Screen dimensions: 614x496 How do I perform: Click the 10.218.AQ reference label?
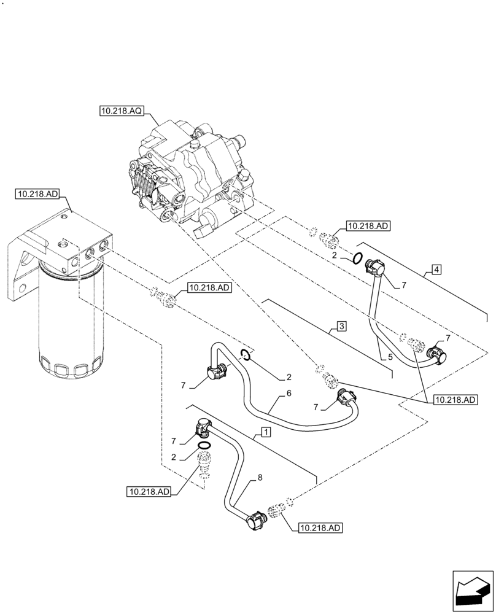click(121, 111)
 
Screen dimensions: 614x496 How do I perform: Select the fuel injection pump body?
click(190, 178)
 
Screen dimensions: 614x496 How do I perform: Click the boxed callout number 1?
click(265, 432)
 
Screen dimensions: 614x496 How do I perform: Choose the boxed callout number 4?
click(435, 269)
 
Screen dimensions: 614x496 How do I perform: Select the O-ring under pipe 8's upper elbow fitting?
click(204, 445)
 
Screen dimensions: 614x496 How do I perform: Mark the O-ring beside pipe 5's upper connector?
click(355, 257)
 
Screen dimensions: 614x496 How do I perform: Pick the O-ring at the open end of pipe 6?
click(244, 353)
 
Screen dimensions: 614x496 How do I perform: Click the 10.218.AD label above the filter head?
click(36, 195)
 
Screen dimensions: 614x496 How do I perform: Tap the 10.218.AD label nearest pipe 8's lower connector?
click(320, 527)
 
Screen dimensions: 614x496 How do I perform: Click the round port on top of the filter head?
click(62, 246)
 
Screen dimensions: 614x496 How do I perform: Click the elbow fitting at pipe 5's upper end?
click(375, 267)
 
